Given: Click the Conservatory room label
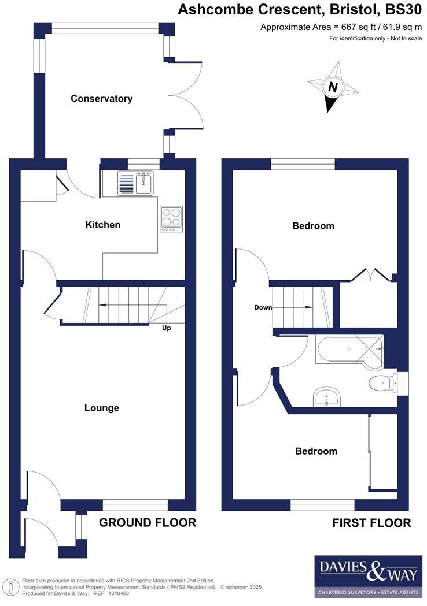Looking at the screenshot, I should pos(101,99).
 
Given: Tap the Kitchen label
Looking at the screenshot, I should pos(103,225).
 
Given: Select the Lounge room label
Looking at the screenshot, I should pos(101,408).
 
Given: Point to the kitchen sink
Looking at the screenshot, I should pos(135,183).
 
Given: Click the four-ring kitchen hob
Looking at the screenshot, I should pos(171,220).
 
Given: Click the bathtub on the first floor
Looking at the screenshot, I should pos(348,350).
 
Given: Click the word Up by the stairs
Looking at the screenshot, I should pos(166,328).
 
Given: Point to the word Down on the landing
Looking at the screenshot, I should pos(263,307).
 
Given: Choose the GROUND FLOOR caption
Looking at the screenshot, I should pos(148,523).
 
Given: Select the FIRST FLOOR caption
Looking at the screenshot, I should pos(371,523).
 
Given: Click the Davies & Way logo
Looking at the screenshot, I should pos(367,576).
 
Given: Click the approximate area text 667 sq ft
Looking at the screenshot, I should pos(341,27).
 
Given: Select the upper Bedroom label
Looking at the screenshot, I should pos(313,226).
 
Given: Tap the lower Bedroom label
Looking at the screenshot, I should pos(316,451).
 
